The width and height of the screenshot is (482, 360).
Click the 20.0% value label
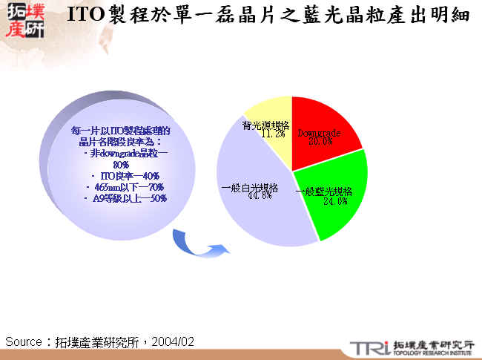coord(320,141)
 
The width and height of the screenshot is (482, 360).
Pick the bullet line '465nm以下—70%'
coord(125,187)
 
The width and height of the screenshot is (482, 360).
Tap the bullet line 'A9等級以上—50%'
coord(125,198)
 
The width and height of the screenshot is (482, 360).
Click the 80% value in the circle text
coord(121,164)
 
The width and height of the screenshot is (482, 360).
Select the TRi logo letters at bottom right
coord(368,347)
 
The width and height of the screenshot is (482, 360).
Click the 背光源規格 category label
coord(265,125)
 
